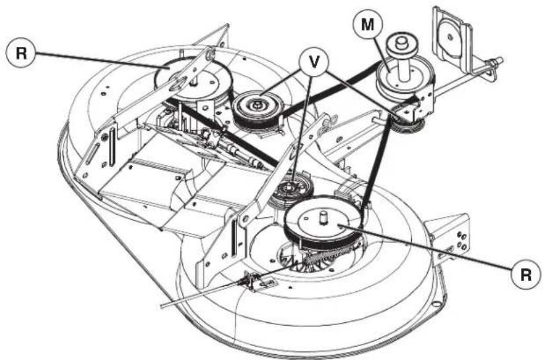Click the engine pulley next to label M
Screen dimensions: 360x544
(x=398, y=77)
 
